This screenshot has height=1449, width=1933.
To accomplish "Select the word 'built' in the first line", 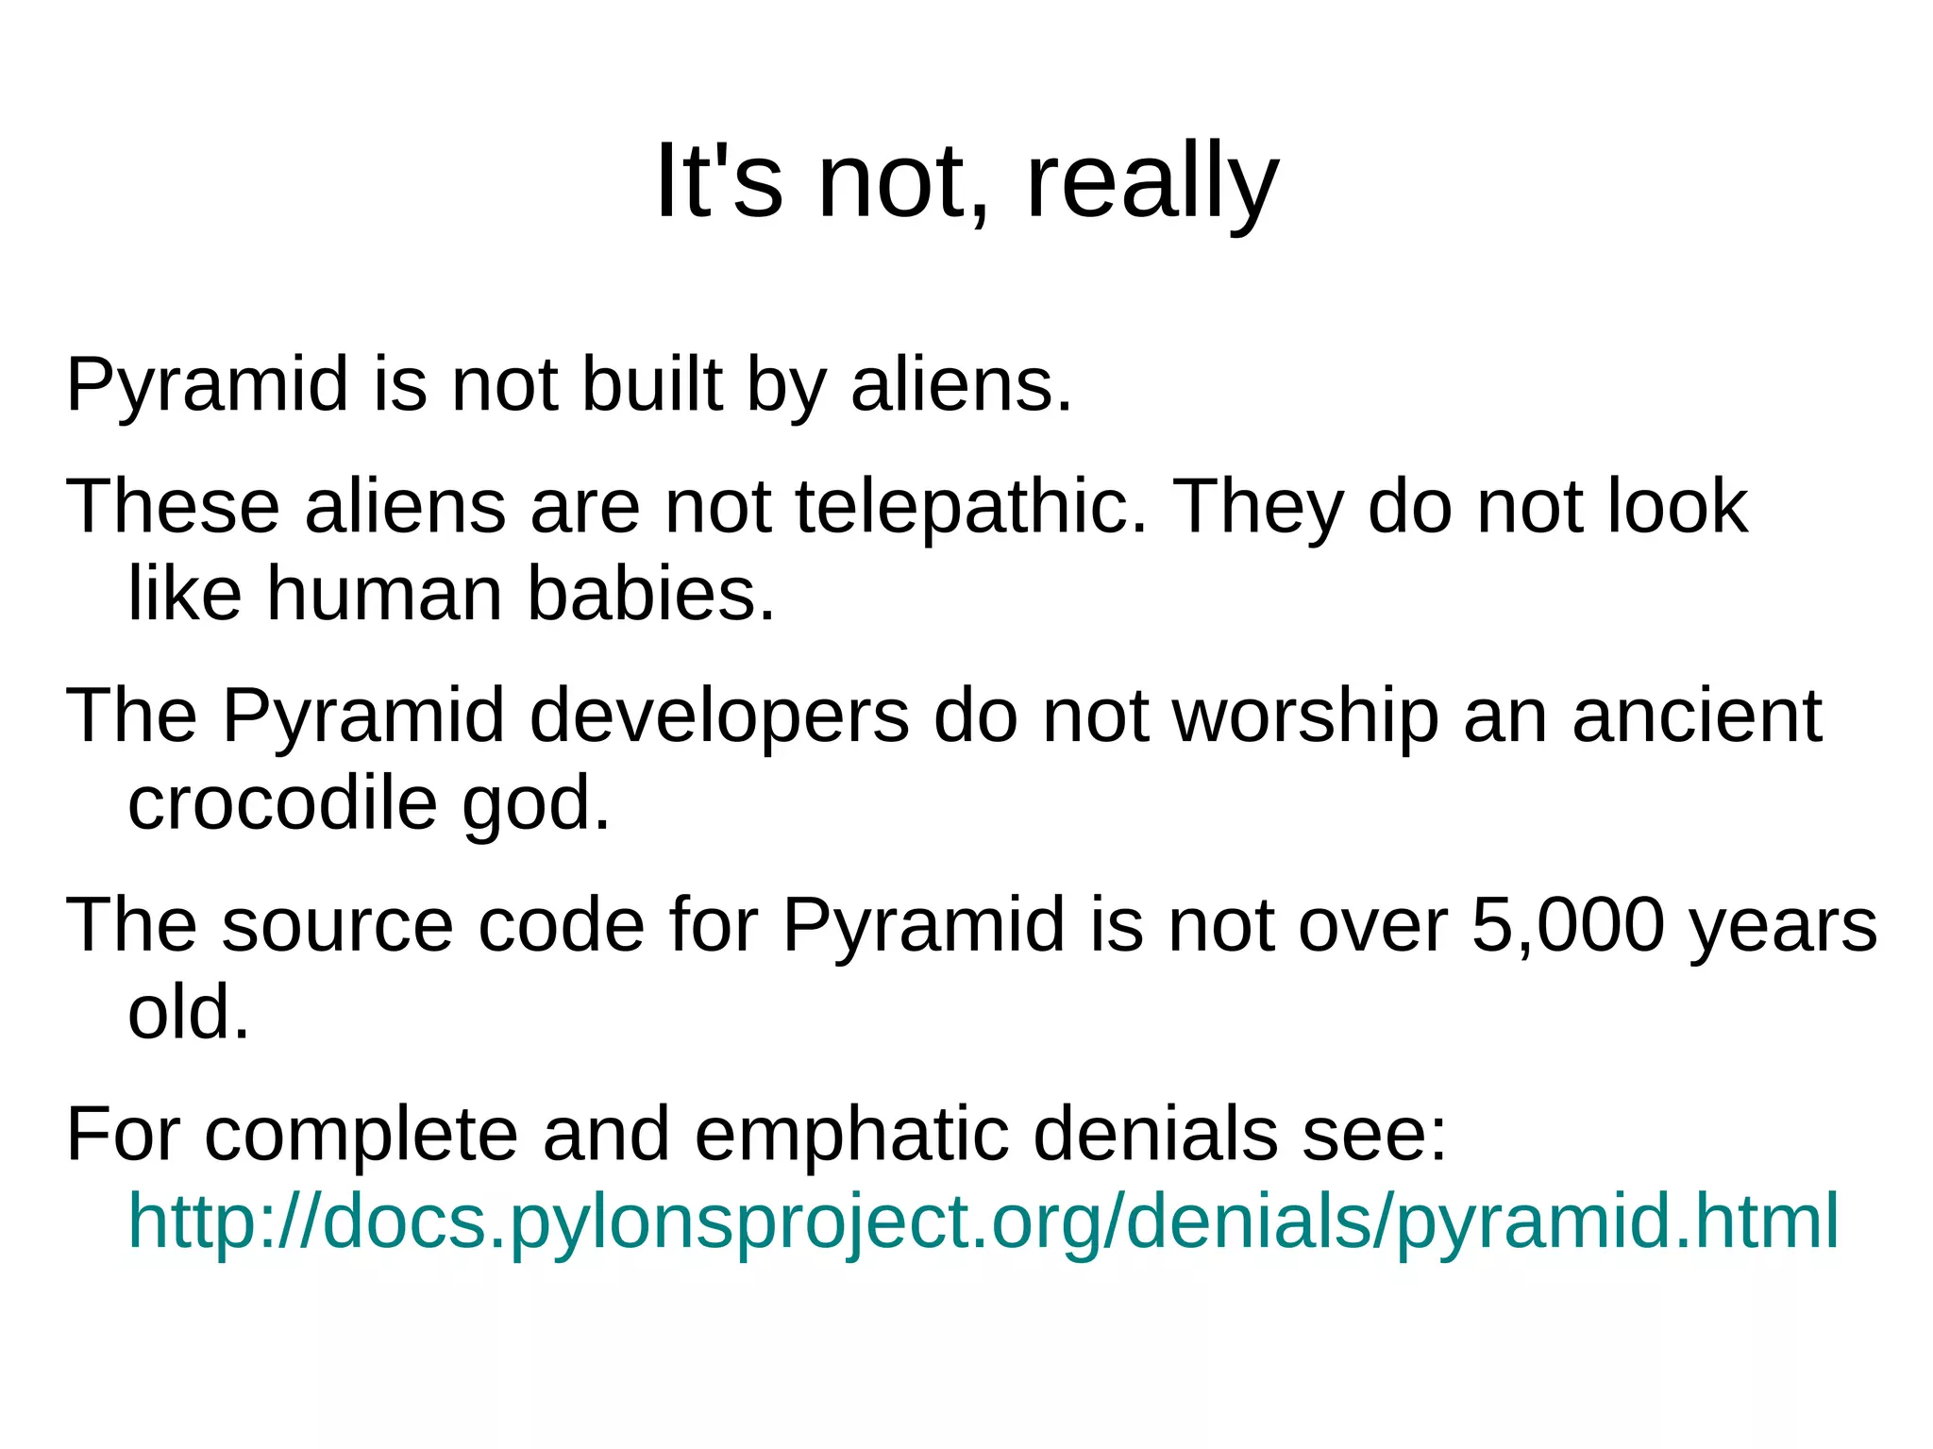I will point(651,385).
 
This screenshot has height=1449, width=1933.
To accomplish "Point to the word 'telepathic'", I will point(971,507).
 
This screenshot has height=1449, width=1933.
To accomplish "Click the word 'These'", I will point(173,507).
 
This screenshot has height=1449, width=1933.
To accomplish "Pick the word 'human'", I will point(384,594).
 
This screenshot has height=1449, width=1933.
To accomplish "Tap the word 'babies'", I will point(650,594).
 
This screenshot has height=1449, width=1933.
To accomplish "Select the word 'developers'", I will point(719,716).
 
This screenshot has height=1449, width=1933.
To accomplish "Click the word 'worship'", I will point(1305,716).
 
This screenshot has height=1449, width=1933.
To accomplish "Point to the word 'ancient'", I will point(1696,716).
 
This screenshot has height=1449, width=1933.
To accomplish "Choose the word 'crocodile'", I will point(282,802).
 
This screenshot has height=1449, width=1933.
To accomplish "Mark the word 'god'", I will point(535,802).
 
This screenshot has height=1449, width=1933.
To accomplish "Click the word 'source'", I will point(337,924).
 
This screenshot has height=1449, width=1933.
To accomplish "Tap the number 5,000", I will point(1568,924).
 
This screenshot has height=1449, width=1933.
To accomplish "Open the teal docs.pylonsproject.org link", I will point(983,1221).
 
